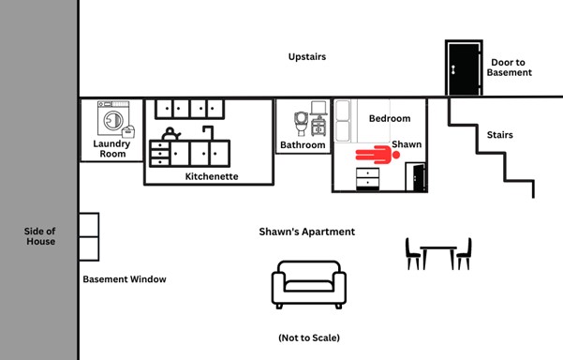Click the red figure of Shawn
(378, 155)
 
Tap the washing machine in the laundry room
(113, 118)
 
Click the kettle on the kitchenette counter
(170, 134)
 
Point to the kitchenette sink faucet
(209, 132)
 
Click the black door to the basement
(464, 67)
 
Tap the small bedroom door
(416, 176)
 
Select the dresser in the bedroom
(367, 179)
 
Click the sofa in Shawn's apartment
(309, 285)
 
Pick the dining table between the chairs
(438, 257)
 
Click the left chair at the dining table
(413, 254)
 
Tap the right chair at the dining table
(464, 254)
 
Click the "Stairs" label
(500, 135)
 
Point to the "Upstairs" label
(307, 57)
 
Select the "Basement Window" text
(125, 279)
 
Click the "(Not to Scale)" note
(309, 337)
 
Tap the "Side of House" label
(40, 236)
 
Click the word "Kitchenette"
(212, 176)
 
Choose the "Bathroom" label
(303, 144)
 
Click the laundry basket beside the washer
(128, 131)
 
